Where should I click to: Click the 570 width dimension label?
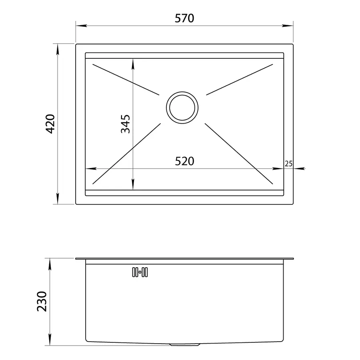pyautogui.click(x=184, y=18)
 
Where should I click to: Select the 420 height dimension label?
pyautogui.click(x=50, y=124)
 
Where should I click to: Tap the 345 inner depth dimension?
pyautogui.click(x=125, y=124)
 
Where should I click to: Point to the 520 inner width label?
pyautogui.click(x=184, y=161)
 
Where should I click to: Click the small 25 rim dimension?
pyautogui.click(x=288, y=164)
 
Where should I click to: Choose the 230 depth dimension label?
pyautogui.click(x=42, y=302)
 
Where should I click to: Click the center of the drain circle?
pyautogui.click(x=182, y=108)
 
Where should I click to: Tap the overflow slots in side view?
pyautogui.click(x=140, y=272)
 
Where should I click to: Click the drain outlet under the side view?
pyautogui.click(x=184, y=345)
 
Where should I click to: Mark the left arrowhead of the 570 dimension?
pyautogui.click(x=81, y=26)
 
